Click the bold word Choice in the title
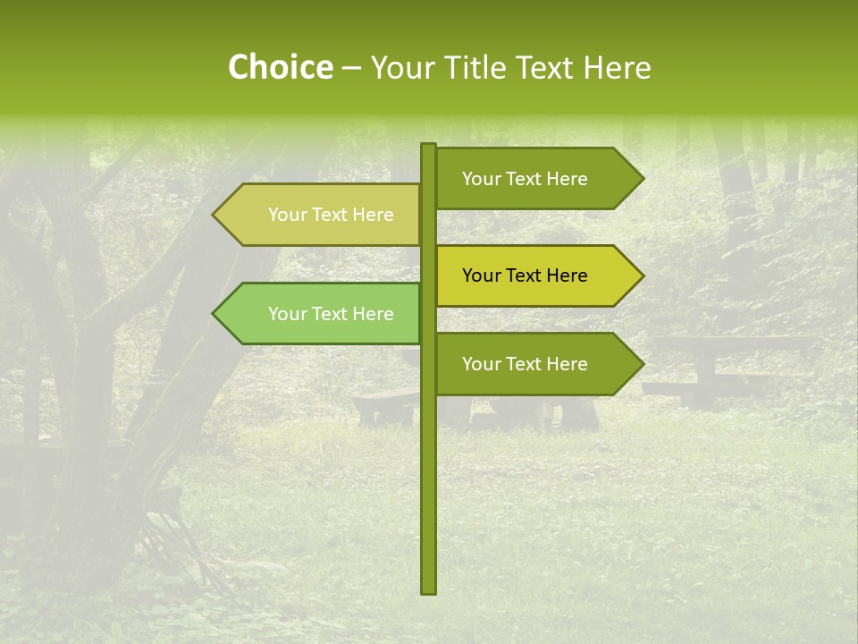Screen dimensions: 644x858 [280, 67]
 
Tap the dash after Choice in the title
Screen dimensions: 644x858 [351, 68]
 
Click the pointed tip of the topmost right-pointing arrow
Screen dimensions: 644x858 [642, 179]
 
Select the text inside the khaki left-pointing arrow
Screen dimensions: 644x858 [331, 215]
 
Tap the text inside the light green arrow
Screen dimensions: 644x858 [331, 314]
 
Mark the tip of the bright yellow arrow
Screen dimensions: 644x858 [642, 275]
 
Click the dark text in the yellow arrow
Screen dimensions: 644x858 [525, 275]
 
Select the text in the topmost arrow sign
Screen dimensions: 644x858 [525, 179]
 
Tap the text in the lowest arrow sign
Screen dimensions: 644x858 [525, 364]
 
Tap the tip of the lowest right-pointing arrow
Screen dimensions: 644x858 [642, 364]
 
